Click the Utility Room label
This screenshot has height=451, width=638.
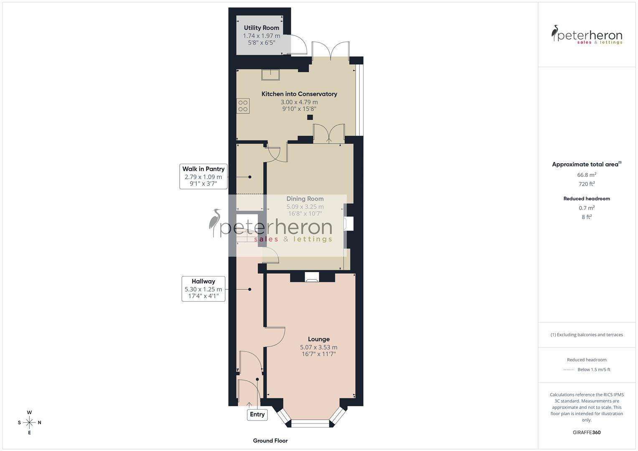click(x=262, y=28)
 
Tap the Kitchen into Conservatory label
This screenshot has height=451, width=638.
click(x=299, y=94)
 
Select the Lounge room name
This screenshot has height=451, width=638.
click(x=319, y=339)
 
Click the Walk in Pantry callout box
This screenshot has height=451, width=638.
click(x=203, y=176)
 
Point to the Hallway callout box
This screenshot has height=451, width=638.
click(x=203, y=289)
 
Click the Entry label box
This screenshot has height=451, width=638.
click(x=257, y=414)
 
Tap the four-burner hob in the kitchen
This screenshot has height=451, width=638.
click(x=243, y=106)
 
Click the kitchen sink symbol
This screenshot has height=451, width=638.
click(x=271, y=74)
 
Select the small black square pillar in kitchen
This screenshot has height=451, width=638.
click(x=310, y=117)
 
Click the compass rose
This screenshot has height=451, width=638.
click(x=29, y=423)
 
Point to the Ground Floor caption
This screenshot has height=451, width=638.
click(x=270, y=441)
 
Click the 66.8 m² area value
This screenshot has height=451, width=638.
click(x=587, y=175)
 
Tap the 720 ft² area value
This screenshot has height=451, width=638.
click(x=587, y=184)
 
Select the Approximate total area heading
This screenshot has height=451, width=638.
click(x=586, y=165)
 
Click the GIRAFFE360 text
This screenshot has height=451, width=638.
click(x=587, y=432)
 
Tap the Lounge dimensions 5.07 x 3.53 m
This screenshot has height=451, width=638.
click(x=319, y=347)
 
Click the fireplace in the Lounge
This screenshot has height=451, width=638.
click(x=312, y=277)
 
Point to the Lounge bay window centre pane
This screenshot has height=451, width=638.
click(x=310, y=423)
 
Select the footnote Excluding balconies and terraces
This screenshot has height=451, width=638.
click(x=587, y=334)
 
